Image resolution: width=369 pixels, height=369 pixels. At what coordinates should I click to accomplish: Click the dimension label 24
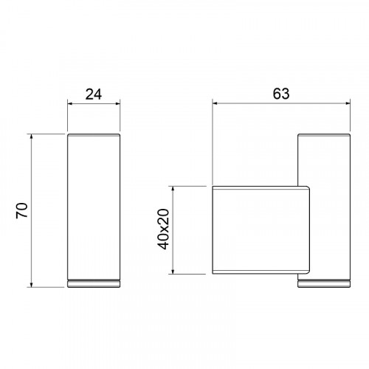tap(94, 94)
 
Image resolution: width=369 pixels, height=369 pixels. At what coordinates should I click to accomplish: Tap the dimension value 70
tap(22, 210)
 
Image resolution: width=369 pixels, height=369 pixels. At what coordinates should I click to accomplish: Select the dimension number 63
tap(281, 94)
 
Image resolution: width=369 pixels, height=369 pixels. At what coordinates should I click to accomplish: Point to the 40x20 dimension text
tap(163, 230)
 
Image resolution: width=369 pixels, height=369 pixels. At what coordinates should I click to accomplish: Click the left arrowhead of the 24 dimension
tap(70, 103)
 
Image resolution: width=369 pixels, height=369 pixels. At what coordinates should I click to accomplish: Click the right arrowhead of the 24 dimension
tap(117, 103)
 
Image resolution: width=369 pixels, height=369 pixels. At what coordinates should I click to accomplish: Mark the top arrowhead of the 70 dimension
tap(31, 137)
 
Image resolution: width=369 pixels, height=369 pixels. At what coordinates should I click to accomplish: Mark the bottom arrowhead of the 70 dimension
tap(31, 284)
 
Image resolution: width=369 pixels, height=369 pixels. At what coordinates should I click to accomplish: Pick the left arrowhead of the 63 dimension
tap(215, 103)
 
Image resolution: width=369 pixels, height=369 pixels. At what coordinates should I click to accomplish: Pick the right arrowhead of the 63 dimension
tap(347, 103)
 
